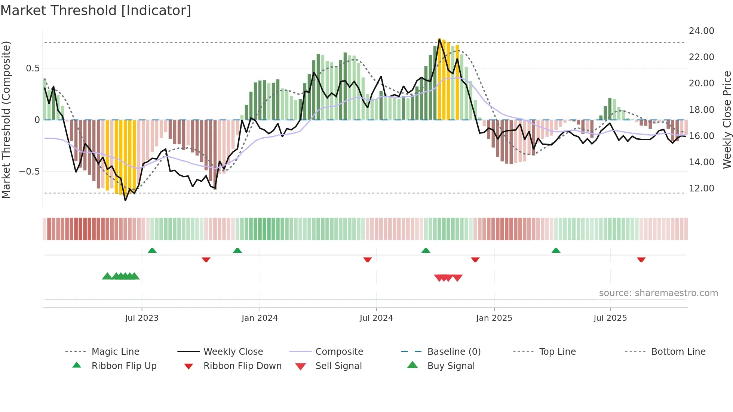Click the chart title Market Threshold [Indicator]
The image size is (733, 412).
pos(96,10)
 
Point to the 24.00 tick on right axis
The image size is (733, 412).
pos(701,31)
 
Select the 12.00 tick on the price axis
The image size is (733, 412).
pos(701,188)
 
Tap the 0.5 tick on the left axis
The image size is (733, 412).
pos(33,68)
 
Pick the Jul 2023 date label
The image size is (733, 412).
pos(142,318)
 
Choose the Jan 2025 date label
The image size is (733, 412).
pos(494,318)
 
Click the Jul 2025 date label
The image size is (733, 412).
pos(610,318)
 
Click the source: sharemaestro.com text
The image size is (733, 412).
pos(658,293)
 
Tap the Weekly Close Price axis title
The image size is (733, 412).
pos(727,120)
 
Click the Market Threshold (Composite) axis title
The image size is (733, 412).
pos(6,120)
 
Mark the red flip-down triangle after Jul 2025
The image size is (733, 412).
pos(641,259)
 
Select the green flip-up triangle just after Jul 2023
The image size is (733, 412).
pos(152,250)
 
